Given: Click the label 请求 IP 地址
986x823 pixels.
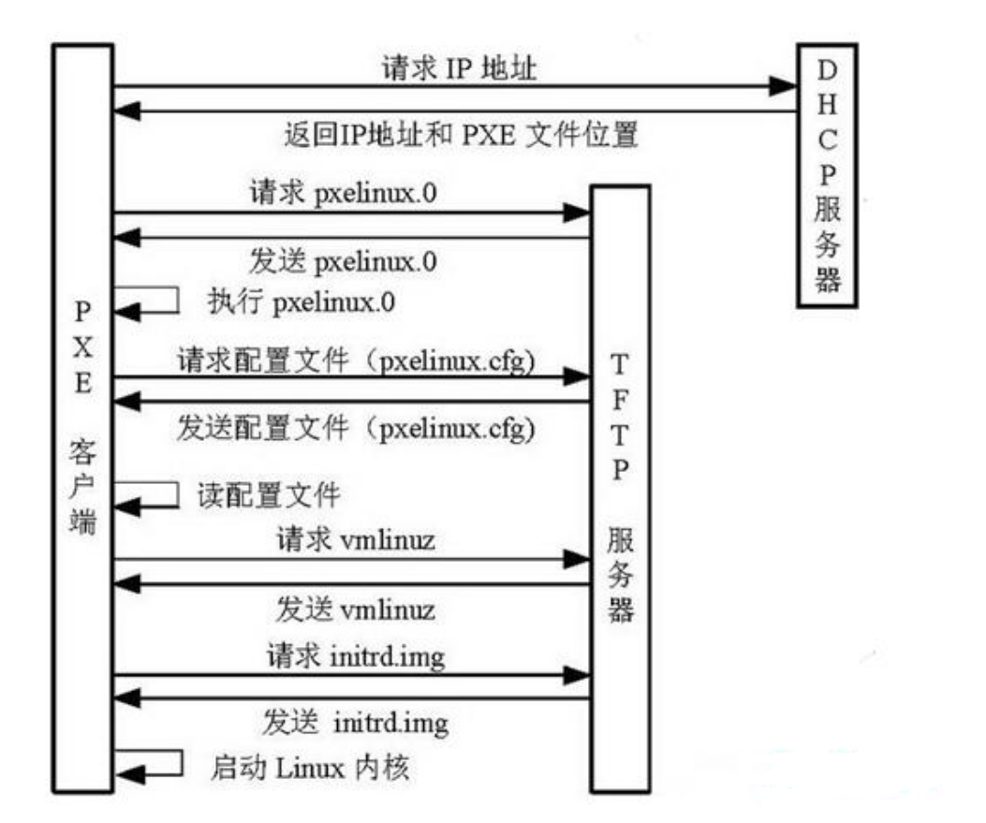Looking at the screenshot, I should (460, 68).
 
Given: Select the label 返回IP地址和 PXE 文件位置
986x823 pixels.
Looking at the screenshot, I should (460, 136).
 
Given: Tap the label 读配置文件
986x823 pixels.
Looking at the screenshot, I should (268, 493).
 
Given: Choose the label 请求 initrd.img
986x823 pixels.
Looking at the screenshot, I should (354, 656).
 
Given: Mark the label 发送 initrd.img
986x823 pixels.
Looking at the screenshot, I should (354, 724).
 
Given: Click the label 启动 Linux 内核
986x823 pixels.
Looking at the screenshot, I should (310, 770).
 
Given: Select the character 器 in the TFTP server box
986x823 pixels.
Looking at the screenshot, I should (621, 609).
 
